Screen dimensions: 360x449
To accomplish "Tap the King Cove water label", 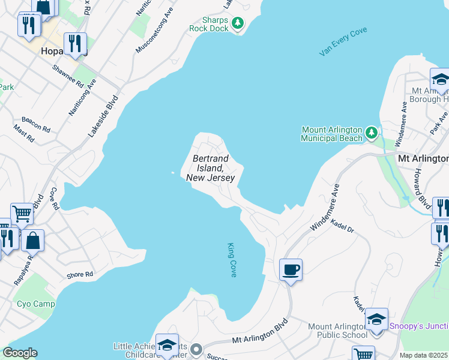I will pos(232,260).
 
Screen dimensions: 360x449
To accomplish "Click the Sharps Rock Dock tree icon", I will pos(238,23).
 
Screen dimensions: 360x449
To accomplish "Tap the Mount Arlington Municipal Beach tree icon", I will pos(372,131).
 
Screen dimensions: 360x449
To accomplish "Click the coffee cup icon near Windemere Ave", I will pos(291,269).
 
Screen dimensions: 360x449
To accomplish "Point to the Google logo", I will pos(19,353).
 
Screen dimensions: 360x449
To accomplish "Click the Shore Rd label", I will pos(80,274).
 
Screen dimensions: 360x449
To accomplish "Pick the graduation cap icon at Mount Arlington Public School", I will pos(376,319).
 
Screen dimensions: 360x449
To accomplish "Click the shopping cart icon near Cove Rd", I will pos(22,212).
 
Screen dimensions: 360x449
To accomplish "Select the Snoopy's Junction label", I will pos(418,326).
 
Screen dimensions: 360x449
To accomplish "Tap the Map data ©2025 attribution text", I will pos(424,355).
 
